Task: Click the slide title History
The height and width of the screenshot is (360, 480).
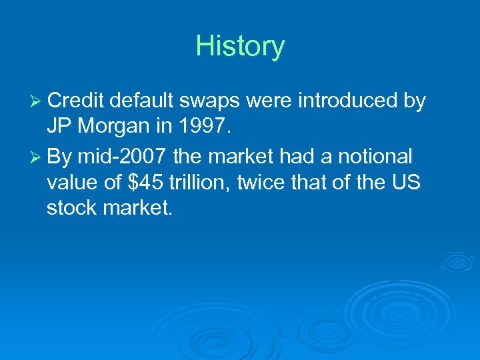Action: point(240,47)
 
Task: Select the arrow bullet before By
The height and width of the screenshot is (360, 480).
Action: point(37,157)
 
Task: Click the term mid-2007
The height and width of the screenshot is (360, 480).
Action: point(122,157)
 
